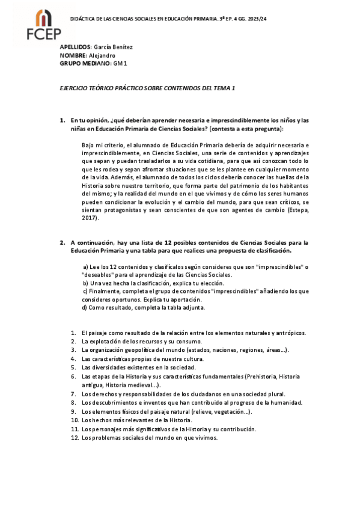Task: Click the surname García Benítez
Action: click(112, 47)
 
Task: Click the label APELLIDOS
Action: click(75, 47)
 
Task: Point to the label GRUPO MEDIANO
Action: click(85, 63)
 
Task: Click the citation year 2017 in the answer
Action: click(90, 220)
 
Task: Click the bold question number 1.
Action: click(62, 120)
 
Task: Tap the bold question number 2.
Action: click(62, 242)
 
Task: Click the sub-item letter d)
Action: click(85, 307)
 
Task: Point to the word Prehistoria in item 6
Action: click(263, 376)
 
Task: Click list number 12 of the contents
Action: click(75, 438)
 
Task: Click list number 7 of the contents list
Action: click(73, 394)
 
